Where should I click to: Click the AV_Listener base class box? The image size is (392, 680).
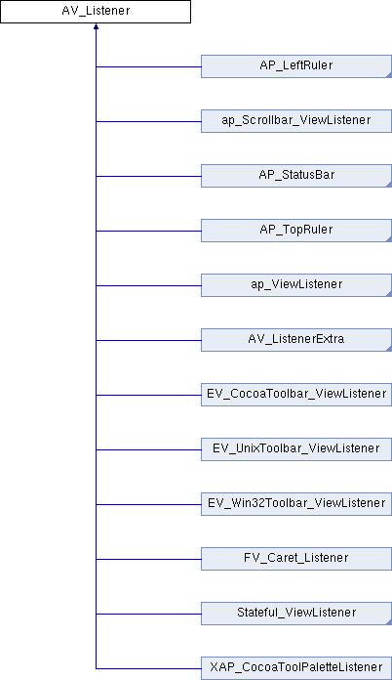[96, 12]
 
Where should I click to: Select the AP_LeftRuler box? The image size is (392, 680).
[296, 66]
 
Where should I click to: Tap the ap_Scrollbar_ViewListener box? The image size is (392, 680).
[296, 121]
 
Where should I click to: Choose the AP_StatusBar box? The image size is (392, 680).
[296, 176]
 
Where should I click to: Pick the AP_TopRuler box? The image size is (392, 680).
[296, 231]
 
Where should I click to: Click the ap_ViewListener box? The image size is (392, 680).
[296, 285]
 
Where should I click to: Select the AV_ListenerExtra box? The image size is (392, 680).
[296, 340]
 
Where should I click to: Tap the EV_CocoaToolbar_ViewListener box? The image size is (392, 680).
[296, 394]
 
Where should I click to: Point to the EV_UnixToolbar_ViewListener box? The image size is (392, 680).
[296, 448]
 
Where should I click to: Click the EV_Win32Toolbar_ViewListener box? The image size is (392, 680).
[296, 503]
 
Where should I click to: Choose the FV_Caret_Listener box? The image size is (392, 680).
[296, 558]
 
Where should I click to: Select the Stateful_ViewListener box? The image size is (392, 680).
[296, 613]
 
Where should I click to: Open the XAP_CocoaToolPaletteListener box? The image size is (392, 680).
[296, 667]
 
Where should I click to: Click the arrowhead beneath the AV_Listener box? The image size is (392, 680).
[96, 26]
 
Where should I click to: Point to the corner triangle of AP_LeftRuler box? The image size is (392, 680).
[389, 75]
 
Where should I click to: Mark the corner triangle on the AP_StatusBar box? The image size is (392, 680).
[389, 185]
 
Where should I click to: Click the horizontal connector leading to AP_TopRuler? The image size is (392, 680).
[148, 231]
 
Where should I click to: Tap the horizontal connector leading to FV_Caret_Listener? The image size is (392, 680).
[148, 559]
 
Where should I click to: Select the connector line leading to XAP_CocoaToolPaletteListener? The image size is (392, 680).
[148, 668]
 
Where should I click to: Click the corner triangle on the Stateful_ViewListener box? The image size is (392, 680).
[389, 621]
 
